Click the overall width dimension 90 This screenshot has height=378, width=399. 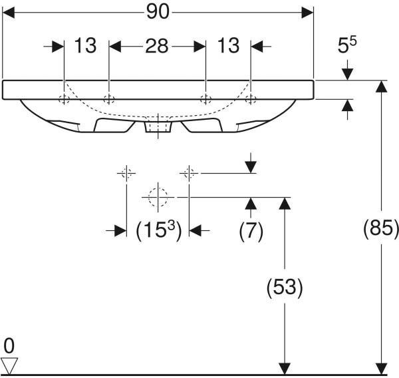point(158,12)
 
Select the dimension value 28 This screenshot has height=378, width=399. point(157,46)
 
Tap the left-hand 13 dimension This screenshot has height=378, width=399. point(85,46)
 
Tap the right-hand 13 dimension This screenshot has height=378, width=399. point(228,46)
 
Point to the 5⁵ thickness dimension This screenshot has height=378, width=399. point(347,45)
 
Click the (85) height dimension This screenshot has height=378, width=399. point(381,228)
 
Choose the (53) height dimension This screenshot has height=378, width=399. point(285,287)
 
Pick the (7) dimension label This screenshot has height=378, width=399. point(251,231)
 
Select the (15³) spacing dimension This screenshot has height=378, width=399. point(159,230)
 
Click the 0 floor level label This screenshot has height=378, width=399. point(9,347)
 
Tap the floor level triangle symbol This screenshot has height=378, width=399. point(9,366)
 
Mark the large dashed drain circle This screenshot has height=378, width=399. point(158,197)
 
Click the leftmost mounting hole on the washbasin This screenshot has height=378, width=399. point(64,99)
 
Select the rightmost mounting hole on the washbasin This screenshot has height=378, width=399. point(251,99)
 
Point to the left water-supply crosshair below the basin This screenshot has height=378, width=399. point(126,173)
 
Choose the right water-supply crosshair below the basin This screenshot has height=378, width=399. point(189,173)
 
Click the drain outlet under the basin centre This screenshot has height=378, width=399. point(158,127)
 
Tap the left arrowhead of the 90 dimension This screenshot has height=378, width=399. point(9,13)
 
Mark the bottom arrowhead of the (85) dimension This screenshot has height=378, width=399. point(381,369)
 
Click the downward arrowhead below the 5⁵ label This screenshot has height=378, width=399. point(347,75)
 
